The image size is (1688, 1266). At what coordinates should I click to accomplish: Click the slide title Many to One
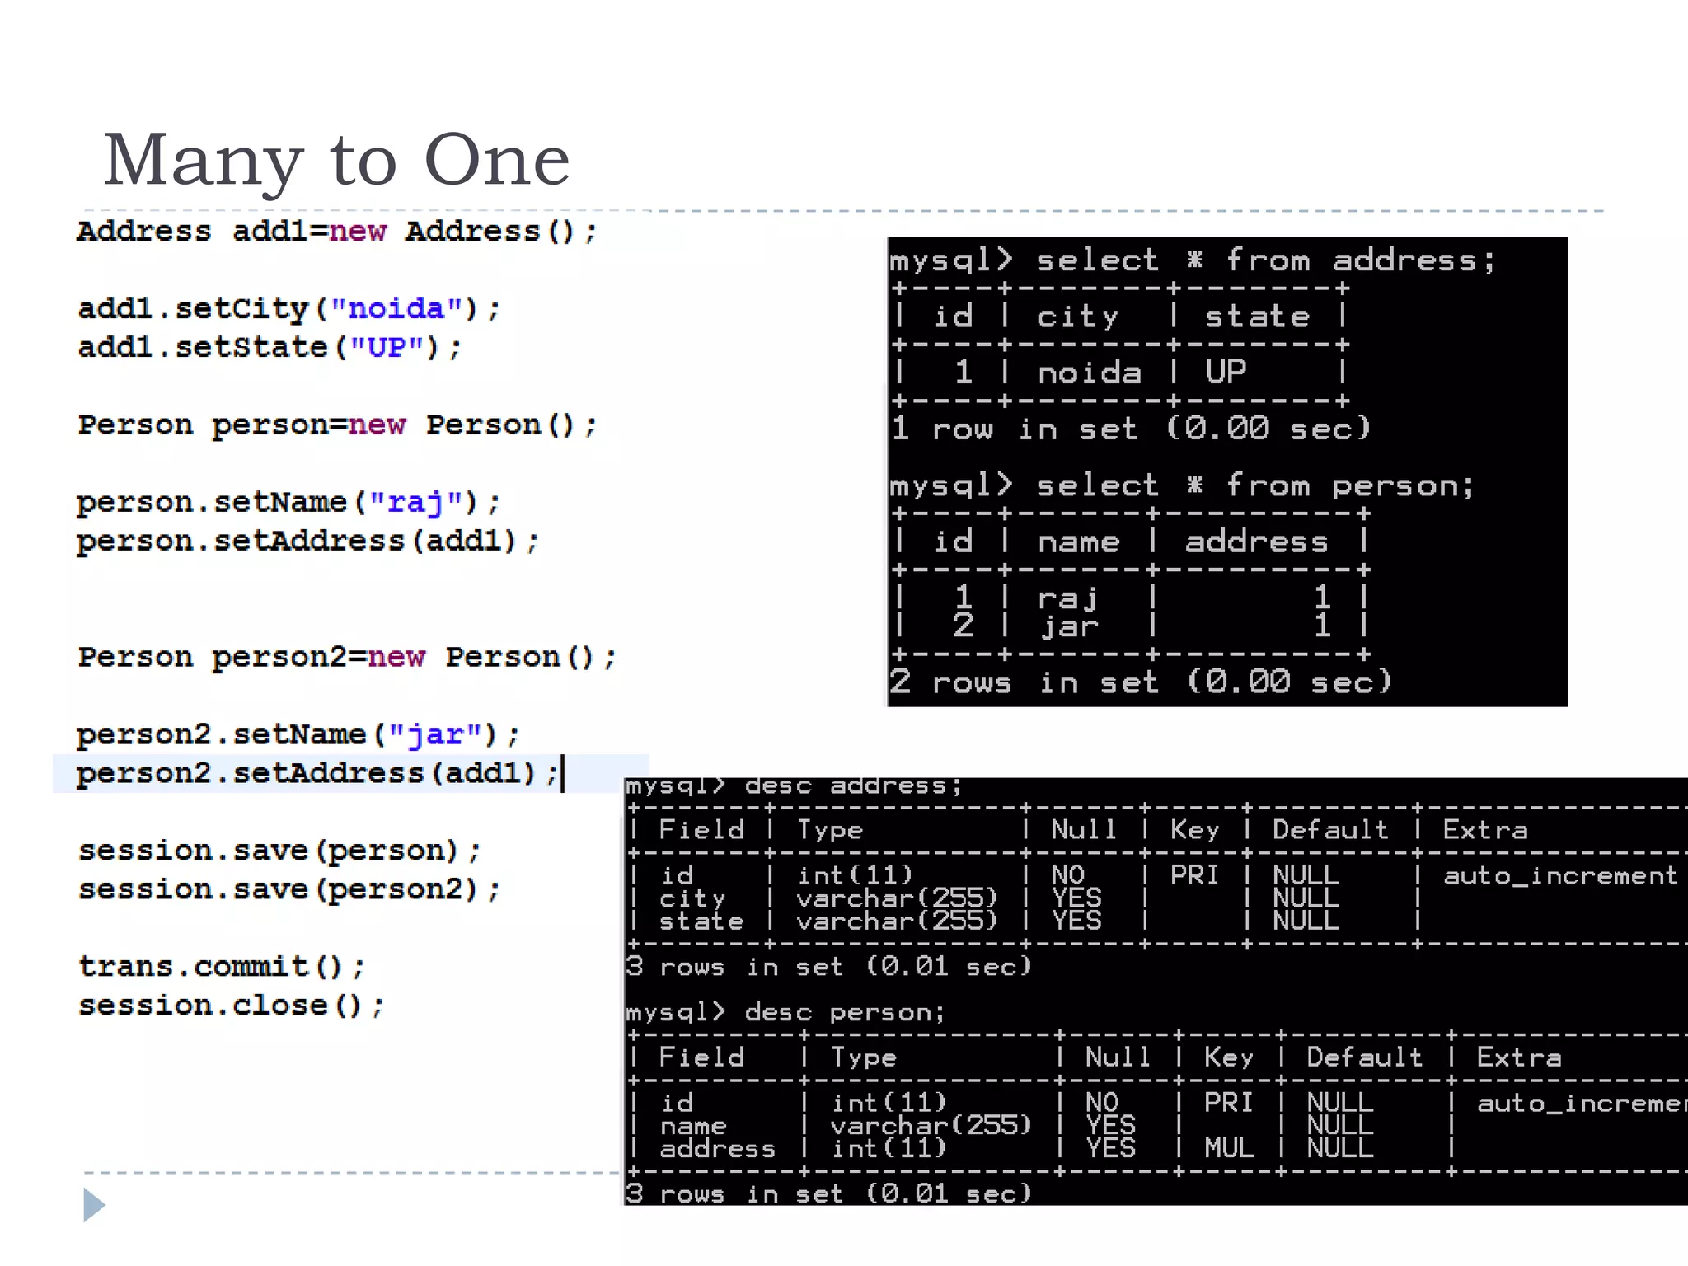336,160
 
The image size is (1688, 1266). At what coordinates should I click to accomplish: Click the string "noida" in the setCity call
396,309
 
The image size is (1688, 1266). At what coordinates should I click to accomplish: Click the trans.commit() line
221,967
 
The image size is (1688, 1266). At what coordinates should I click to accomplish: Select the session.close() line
231,1006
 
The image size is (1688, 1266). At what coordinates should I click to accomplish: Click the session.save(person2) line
288,890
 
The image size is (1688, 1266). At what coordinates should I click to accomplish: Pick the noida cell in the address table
1089,373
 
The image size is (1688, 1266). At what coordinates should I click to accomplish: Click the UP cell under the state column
1226,373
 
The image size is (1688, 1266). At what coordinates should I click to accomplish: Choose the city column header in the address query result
1076,317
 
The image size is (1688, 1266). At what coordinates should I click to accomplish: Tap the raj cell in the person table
1067,598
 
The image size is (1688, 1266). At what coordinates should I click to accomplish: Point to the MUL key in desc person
1228,1148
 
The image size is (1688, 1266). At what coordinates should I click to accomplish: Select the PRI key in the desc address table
1194,875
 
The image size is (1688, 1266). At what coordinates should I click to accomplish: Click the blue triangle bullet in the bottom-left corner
94,1205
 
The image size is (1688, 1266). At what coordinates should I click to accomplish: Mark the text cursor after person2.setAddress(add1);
563,773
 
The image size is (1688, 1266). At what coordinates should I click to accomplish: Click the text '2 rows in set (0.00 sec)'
1140,682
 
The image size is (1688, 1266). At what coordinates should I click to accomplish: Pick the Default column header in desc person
1364,1057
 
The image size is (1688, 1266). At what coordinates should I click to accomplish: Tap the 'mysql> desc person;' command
785,1012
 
